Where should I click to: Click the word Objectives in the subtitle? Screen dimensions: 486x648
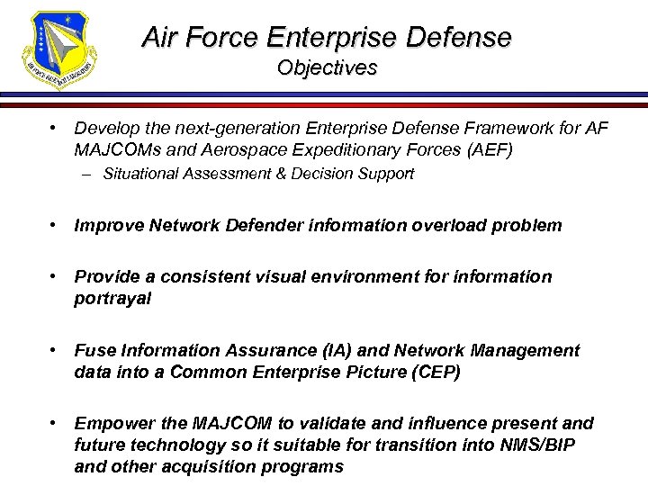pyautogui.click(x=327, y=68)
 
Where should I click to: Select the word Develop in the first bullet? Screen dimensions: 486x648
pyautogui.click(x=105, y=130)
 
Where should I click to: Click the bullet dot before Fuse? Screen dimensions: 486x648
pyautogui.click(x=56, y=350)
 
